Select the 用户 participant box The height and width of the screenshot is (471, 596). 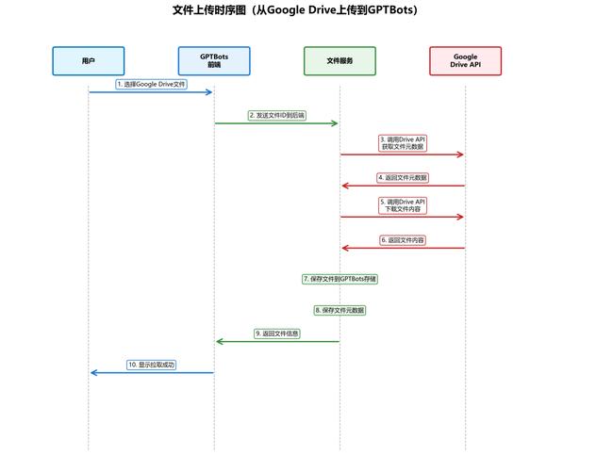click(89, 60)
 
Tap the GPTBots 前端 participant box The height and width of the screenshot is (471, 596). click(214, 60)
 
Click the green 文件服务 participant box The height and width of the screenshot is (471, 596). click(339, 60)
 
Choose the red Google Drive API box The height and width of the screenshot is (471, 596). click(465, 60)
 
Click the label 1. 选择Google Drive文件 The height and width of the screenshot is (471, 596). click(151, 84)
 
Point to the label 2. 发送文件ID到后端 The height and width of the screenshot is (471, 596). click(277, 115)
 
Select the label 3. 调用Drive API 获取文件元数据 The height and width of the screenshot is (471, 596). click(403, 142)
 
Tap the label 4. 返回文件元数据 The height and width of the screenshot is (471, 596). click(403, 177)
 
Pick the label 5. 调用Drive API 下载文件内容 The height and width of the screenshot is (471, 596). click(403, 204)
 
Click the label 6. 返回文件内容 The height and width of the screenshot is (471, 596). click(403, 240)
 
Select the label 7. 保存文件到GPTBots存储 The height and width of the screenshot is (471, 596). click(339, 279)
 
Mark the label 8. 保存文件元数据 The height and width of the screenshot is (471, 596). click(339, 310)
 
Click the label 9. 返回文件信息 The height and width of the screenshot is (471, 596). click(277, 333)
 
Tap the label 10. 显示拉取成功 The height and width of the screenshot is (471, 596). click(151, 365)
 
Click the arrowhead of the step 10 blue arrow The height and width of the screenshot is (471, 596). click(92, 373)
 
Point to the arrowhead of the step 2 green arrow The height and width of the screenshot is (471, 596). click(335, 123)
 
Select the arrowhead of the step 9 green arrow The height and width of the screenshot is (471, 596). click(219, 342)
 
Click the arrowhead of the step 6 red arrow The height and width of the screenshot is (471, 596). click(344, 248)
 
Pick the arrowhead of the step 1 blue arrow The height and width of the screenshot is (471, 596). click(209, 91)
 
